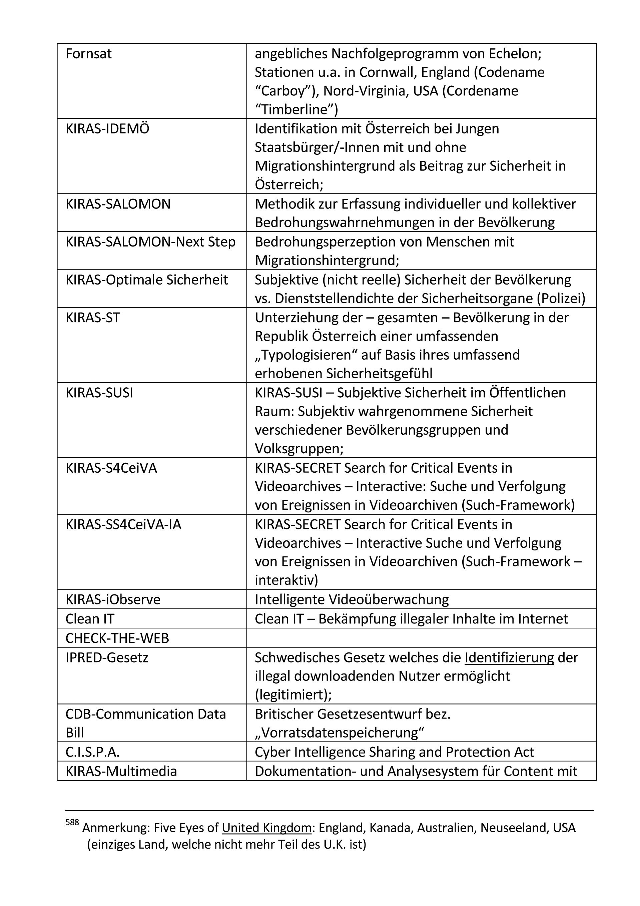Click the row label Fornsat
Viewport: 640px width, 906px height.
88,54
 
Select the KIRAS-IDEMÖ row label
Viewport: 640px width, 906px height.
107,129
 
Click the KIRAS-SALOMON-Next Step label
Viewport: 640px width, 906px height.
150,242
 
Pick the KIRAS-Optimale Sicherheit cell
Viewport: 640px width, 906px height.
146,280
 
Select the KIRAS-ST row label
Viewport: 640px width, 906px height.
92,318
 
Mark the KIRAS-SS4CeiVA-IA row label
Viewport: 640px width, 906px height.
123,524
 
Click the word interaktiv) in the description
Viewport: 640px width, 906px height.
286,580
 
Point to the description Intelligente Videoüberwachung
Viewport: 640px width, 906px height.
352,599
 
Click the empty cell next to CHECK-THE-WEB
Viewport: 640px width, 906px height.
421,638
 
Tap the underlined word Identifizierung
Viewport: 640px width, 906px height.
509,658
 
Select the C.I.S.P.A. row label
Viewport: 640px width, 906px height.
92,752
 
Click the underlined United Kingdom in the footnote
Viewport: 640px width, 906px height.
267,828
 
